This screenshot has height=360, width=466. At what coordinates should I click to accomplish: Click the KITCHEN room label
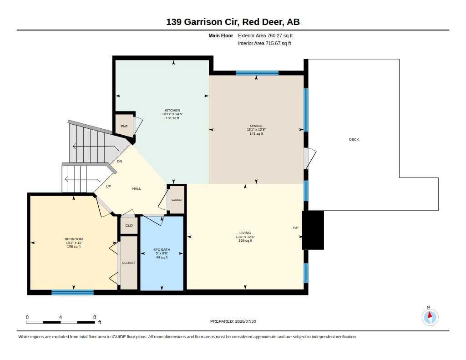pyautogui.click(x=172, y=110)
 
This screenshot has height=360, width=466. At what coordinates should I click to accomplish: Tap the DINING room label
pyautogui.click(x=256, y=126)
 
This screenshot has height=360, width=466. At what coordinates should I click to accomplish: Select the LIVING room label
pyautogui.click(x=245, y=233)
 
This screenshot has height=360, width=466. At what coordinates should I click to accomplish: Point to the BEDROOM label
pyautogui.click(x=74, y=239)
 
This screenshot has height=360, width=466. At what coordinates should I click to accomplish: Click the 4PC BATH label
pyautogui.click(x=162, y=250)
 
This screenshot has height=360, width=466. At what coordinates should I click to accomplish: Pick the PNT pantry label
pyautogui.click(x=124, y=127)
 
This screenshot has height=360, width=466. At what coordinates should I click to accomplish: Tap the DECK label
pyautogui.click(x=354, y=139)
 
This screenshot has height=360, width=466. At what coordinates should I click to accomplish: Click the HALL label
pyautogui.click(x=137, y=188)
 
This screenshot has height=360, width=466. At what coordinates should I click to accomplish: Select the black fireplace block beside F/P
pyautogui.click(x=313, y=230)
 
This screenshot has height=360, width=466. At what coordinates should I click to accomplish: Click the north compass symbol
pyautogui.click(x=430, y=317)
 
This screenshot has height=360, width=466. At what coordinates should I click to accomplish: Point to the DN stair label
pyautogui.click(x=120, y=162)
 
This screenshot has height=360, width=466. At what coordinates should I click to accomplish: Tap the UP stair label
pyautogui.click(x=108, y=187)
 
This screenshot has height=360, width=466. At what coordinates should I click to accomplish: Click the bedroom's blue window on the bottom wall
pyautogui.click(x=72, y=293)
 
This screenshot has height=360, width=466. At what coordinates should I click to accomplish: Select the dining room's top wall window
pyautogui.click(x=257, y=73)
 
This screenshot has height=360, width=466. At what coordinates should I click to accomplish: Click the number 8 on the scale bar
pyautogui.click(x=95, y=317)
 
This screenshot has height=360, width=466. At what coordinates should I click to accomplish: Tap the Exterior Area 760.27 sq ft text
pyautogui.click(x=265, y=35)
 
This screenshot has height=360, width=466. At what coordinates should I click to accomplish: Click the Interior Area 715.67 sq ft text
pyautogui.click(x=264, y=43)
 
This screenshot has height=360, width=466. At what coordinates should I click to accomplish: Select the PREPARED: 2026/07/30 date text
pyautogui.click(x=233, y=321)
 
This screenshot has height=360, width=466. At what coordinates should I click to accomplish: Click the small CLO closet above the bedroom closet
pyautogui.click(x=129, y=225)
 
